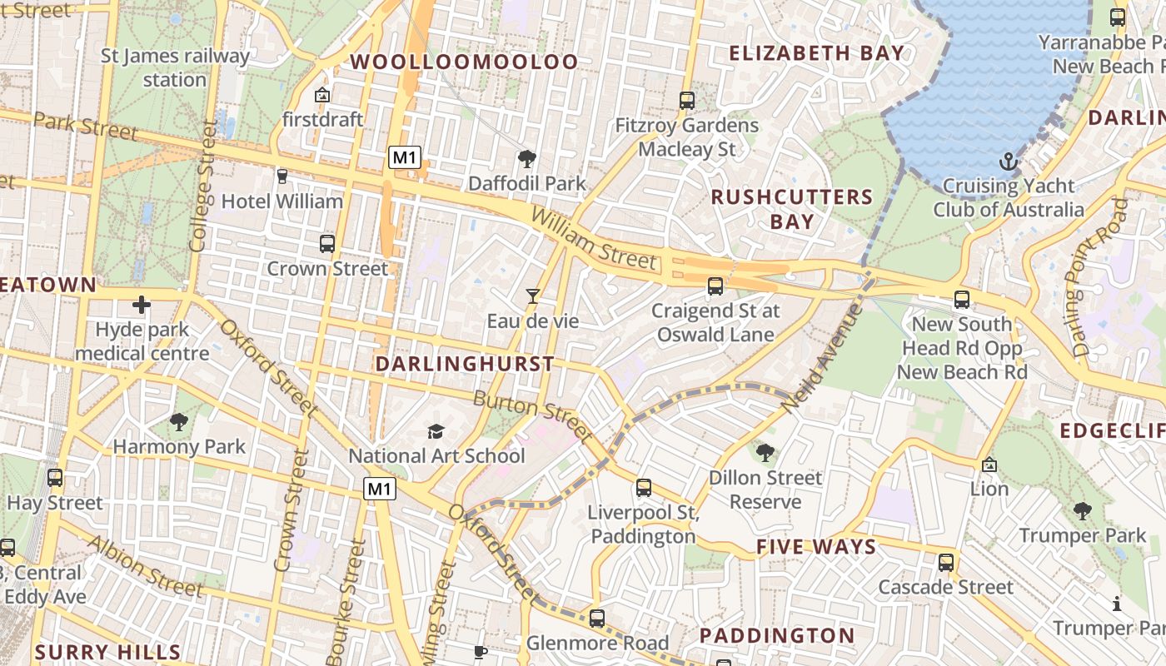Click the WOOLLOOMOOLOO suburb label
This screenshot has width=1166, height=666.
pyautogui.click(x=464, y=62)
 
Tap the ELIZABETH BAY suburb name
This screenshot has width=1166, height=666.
pyautogui.click(x=816, y=53)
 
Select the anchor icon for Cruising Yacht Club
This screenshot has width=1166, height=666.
pyautogui.click(x=1009, y=161)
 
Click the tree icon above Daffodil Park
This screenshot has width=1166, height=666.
pyautogui.click(x=526, y=158)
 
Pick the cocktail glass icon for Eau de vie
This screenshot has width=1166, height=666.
pyautogui.click(x=533, y=296)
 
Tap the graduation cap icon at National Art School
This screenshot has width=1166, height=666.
pyautogui.click(x=436, y=431)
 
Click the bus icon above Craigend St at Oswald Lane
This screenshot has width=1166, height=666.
pyautogui.click(x=715, y=286)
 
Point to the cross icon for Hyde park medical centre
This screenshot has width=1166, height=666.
pyautogui.click(x=142, y=305)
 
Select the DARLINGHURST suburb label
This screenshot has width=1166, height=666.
pyautogui.click(x=465, y=364)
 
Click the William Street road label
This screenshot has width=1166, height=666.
pyautogui.click(x=593, y=239)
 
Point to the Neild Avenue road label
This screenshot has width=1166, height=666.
pyautogui.click(x=821, y=358)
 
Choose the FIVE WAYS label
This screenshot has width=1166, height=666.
pyautogui.click(x=816, y=547)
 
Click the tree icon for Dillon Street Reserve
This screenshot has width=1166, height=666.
pyautogui.click(x=765, y=453)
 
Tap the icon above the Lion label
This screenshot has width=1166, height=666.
pyautogui.click(x=989, y=465)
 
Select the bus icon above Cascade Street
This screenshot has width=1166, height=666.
pyautogui.click(x=945, y=563)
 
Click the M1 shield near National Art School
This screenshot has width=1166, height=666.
pyautogui.click(x=379, y=490)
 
